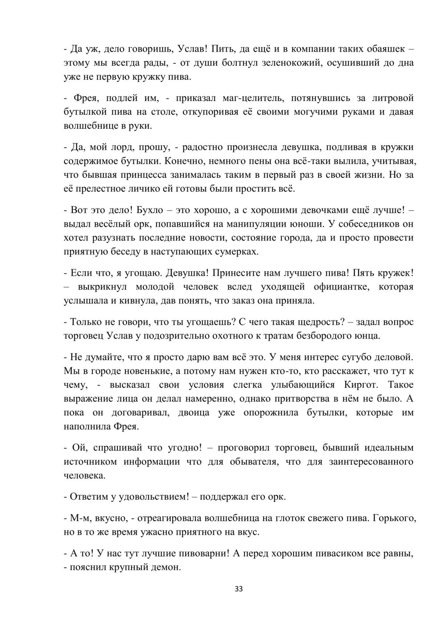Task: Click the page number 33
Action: coord(239,589)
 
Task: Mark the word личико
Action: coord(154,189)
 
